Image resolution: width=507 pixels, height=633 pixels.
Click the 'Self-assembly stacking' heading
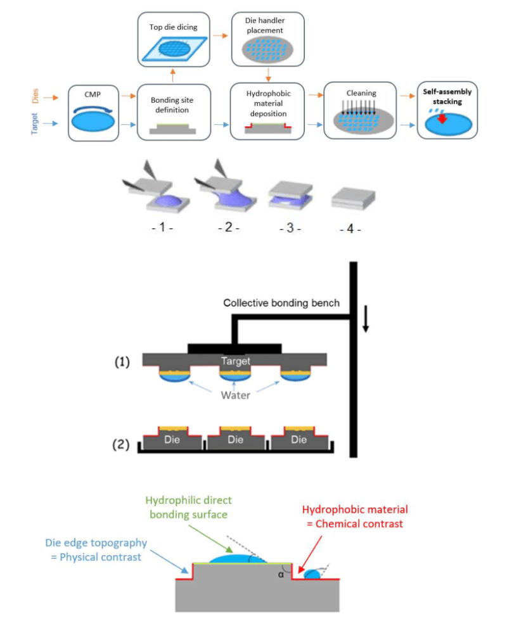[x=445, y=96]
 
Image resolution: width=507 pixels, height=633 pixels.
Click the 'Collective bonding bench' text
[x=281, y=303]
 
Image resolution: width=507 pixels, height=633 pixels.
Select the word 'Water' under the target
[x=236, y=395]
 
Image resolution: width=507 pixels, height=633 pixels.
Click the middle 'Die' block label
[x=236, y=438]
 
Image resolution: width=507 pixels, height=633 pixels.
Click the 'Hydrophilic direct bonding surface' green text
[x=188, y=507]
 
